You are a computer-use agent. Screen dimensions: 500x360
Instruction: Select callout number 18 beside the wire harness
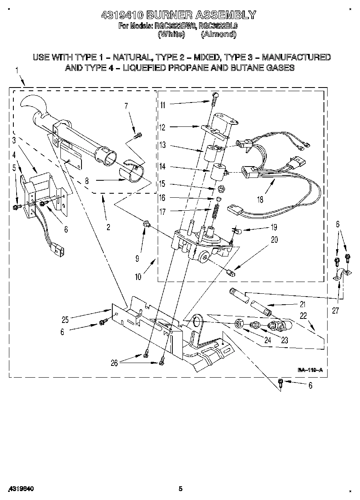pos(259,199)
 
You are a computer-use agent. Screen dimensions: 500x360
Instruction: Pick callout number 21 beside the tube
pos(302,304)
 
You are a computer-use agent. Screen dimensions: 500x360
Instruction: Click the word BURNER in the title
pos(169,15)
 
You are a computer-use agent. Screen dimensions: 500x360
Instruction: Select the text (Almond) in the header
pos(219,34)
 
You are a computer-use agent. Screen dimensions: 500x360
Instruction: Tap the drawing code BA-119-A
pos(310,370)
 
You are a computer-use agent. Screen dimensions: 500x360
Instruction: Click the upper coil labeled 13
pos(211,154)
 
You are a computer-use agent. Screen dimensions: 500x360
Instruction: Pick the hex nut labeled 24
pos(239,323)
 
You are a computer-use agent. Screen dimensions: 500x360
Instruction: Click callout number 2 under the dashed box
pos(108,227)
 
